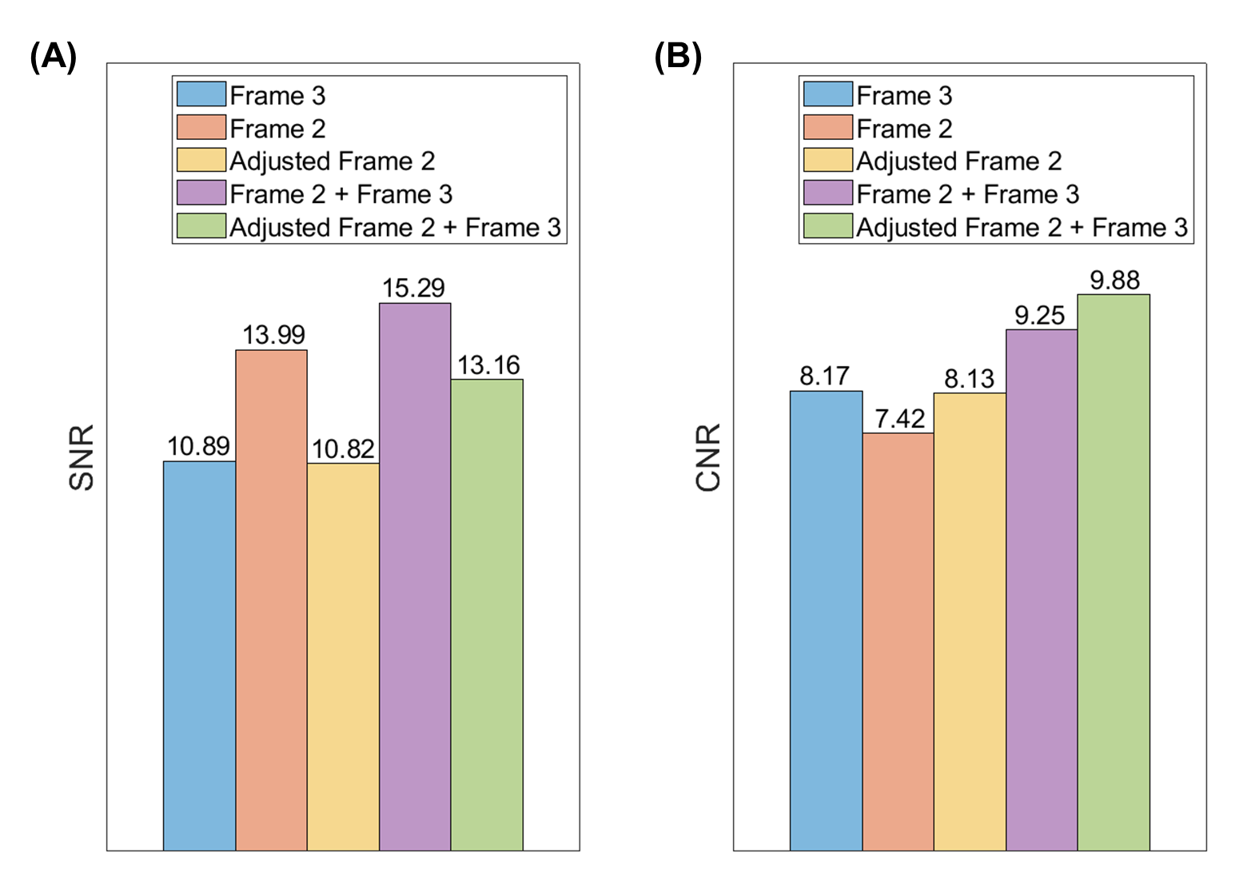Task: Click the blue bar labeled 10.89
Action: click(x=200, y=656)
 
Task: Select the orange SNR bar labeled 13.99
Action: click(x=272, y=600)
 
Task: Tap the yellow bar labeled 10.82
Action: click(x=344, y=656)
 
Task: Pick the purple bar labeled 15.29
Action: click(x=415, y=577)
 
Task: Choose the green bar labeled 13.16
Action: click(x=487, y=615)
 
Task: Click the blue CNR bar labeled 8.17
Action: click(x=827, y=620)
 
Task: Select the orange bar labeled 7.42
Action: click(x=898, y=641)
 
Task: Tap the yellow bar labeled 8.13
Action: click(x=970, y=621)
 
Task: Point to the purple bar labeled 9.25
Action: click(x=1042, y=590)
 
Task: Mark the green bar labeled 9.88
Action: click(x=1114, y=572)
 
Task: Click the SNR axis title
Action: click(x=81, y=457)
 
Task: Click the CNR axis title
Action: click(x=708, y=457)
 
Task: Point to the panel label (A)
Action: click(x=54, y=57)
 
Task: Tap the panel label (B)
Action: click(x=679, y=57)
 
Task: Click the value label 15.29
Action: click(x=414, y=288)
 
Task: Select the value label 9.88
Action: click(x=1115, y=280)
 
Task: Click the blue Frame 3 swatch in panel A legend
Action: click(x=201, y=94)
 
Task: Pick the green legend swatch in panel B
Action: click(x=828, y=225)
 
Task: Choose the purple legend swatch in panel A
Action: click(x=201, y=193)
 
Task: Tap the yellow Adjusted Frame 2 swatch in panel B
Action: click(x=828, y=160)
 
